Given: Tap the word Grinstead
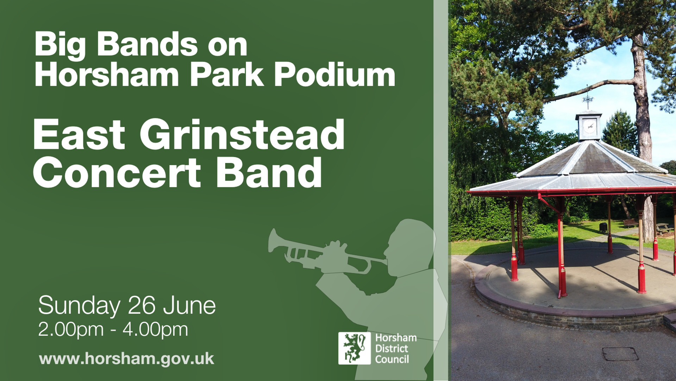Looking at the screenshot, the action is tap(242, 135).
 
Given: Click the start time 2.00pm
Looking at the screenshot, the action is tap(71, 330).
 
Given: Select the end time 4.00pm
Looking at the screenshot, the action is tap(155, 330).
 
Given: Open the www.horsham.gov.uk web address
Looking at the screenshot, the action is tap(126, 359).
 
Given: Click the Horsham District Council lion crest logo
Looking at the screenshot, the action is tap(354, 348).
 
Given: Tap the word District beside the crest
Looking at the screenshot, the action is tap(392, 349).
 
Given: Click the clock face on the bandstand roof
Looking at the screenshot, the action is tap(589, 126).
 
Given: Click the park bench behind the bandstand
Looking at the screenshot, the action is tap(630, 223).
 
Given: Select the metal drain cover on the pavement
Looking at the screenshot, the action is tap(620, 353).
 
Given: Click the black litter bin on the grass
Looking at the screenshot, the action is tap(603, 228).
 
